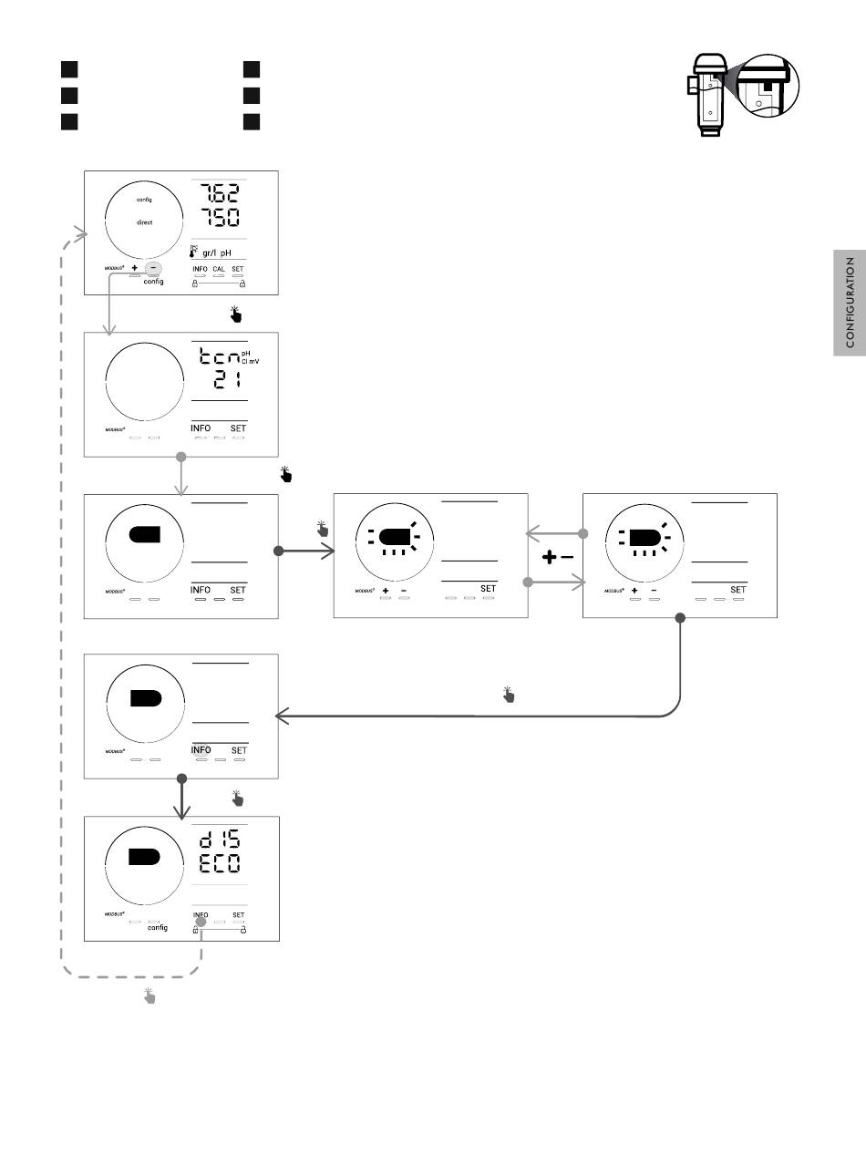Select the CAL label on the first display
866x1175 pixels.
pos(219,270)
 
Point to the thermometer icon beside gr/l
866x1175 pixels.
pos(193,251)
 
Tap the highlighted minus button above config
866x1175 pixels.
pos(153,269)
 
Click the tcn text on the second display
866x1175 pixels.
pos(219,358)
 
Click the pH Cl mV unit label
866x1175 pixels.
pos(251,358)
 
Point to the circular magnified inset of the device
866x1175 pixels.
pos(767,88)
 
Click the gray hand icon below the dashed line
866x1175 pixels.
pos(149,996)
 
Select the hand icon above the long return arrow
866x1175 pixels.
pos(509,696)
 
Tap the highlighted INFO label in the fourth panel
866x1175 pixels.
pos(201,750)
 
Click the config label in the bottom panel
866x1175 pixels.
pos(158,928)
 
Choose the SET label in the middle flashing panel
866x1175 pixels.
pos(489,589)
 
